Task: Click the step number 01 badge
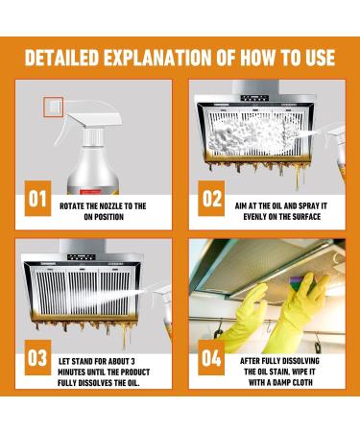point(37,199)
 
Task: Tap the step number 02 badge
point(211,199)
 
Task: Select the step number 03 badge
point(37,357)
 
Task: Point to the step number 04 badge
point(211,357)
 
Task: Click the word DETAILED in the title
point(61,58)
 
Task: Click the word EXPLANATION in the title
point(157,58)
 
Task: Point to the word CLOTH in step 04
point(300,382)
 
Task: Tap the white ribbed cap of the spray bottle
point(93,136)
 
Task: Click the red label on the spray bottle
point(90,192)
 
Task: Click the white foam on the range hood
point(252,135)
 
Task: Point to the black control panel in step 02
point(255,98)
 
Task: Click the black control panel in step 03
point(82,256)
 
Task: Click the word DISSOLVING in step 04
point(300,361)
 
